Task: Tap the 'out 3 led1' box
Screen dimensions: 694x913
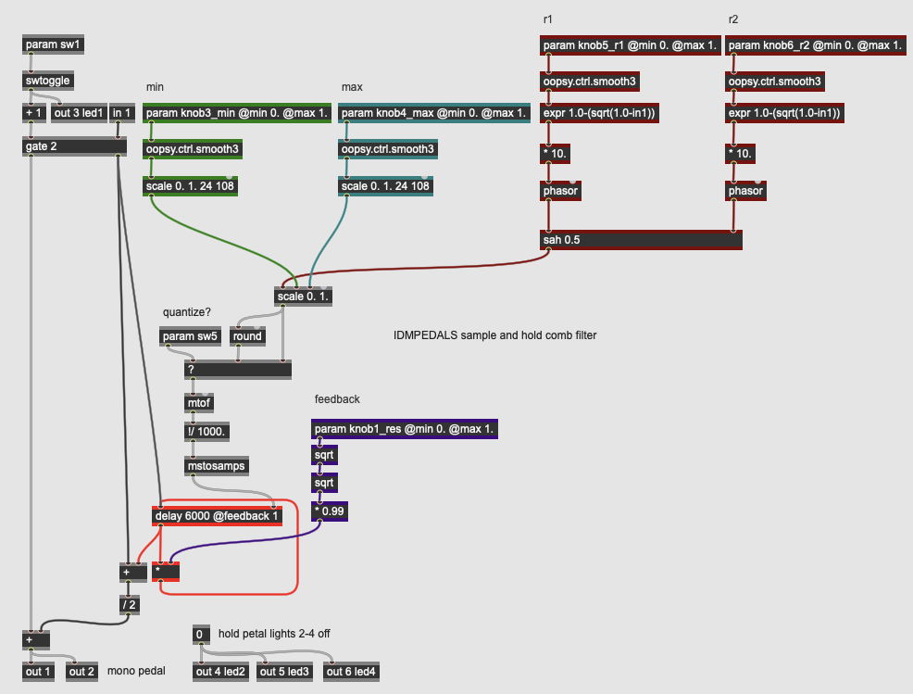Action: tap(78, 113)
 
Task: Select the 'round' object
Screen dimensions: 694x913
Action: tap(247, 336)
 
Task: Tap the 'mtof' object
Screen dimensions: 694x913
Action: tap(200, 403)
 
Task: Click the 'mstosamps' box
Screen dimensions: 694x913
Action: tap(218, 466)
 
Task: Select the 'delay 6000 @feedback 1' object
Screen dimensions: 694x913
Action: tap(217, 515)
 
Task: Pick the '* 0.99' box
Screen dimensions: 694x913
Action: tap(329, 511)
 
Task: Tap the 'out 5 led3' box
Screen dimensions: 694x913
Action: tap(284, 672)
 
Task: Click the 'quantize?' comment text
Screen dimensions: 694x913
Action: tap(187, 312)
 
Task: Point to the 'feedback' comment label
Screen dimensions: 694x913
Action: tap(337, 399)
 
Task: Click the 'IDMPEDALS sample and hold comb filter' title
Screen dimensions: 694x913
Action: tap(494, 334)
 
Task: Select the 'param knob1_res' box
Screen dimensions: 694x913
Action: tap(405, 429)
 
